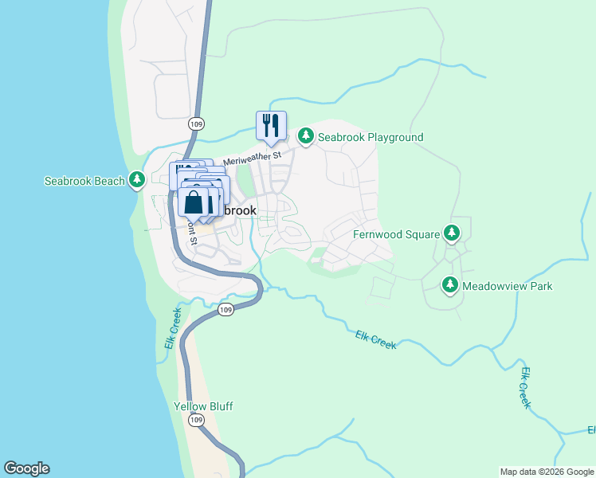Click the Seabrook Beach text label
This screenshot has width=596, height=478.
pyautogui.click(x=84, y=181)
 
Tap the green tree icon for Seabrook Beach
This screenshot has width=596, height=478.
pyautogui.click(x=137, y=180)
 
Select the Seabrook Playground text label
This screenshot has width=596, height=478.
pyautogui.click(x=371, y=137)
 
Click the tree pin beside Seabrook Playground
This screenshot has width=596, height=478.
pyautogui.click(x=305, y=137)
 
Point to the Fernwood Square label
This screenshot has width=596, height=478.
pyautogui.click(x=396, y=234)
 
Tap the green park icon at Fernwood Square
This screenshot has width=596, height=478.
pyautogui.click(x=452, y=233)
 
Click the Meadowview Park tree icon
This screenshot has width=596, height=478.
pyautogui.click(x=450, y=284)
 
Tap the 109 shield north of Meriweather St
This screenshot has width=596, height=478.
pyautogui.click(x=197, y=123)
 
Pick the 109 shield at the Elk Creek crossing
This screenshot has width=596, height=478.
pyautogui.click(x=226, y=310)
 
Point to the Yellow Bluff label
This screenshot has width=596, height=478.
pyautogui.click(x=203, y=406)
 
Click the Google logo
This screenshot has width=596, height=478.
pyautogui.click(x=26, y=468)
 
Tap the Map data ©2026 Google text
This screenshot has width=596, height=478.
pyautogui.click(x=547, y=472)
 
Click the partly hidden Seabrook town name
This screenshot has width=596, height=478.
pyautogui.click(x=238, y=210)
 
